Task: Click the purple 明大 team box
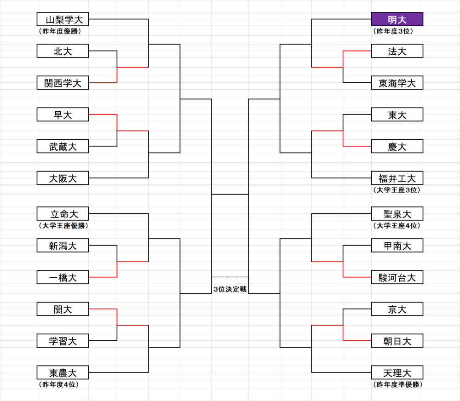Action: coord(397,19)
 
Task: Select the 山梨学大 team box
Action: coord(63,19)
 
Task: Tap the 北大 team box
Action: coord(63,51)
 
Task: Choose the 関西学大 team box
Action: coord(63,83)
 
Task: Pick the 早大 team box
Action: coord(63,115)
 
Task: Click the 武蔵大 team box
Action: coord(63,146)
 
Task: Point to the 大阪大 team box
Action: coord(63,178)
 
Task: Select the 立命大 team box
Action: coord(63,213)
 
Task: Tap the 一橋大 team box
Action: coord(63,277)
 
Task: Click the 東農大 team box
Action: coord(63,372)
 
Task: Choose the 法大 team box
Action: coord(397,51)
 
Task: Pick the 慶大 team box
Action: coord(397,146)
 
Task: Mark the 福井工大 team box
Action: coord(397,178)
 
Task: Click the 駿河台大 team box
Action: coord(397,277)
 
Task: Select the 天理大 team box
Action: coord(397,372)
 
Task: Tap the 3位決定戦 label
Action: coord(230,289)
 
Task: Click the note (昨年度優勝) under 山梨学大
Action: coord(59,31)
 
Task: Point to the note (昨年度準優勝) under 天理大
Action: coord(398,384)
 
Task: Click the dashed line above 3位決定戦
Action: coord(230,277)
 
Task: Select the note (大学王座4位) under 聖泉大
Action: coord(397,226)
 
